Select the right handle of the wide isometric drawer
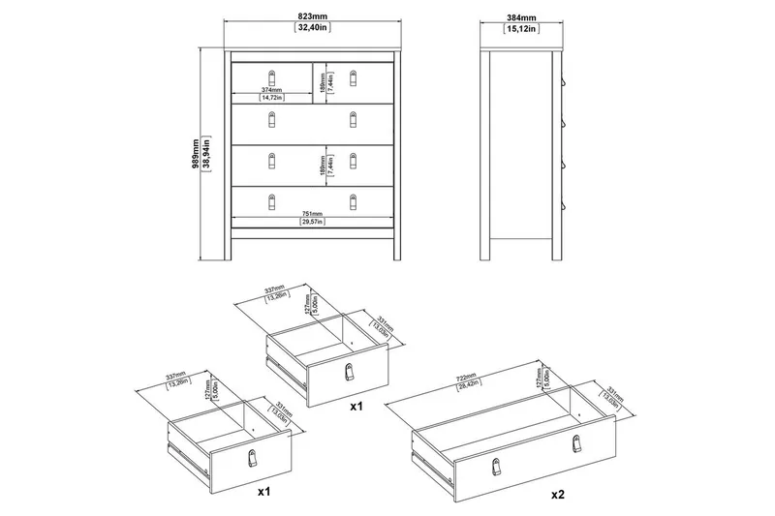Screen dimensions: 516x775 point(579,442)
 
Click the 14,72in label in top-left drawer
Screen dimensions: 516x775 point(271,98)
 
